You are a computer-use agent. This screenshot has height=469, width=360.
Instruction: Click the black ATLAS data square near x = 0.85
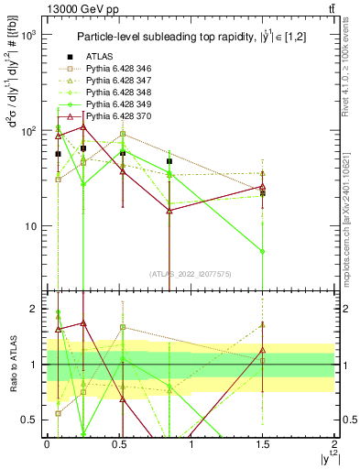[169, 161]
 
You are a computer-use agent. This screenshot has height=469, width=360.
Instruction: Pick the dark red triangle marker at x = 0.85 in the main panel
[169, 211]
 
